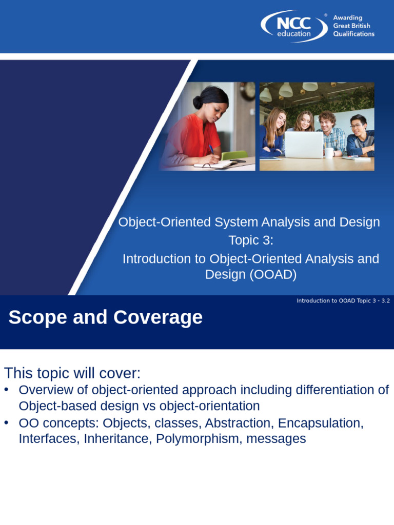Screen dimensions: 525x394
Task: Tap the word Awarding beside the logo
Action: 348,17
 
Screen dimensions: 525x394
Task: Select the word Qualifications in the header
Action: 354,34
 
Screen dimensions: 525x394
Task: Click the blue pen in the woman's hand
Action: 211,149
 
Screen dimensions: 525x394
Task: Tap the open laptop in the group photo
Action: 304,145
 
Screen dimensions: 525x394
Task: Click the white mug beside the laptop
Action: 328,152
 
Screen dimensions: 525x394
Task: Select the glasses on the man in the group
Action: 356,126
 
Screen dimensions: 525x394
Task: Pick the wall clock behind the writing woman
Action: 248,91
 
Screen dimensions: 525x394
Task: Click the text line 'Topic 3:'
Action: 251,240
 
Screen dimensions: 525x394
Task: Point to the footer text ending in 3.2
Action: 343,300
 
